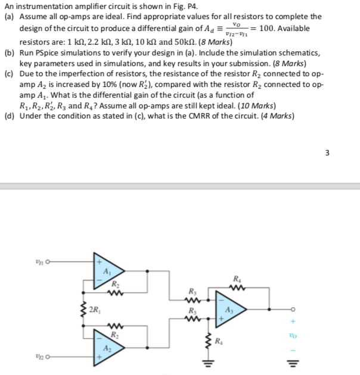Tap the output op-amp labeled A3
click(x=228, y=310)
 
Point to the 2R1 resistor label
click(x=94, y=309)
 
